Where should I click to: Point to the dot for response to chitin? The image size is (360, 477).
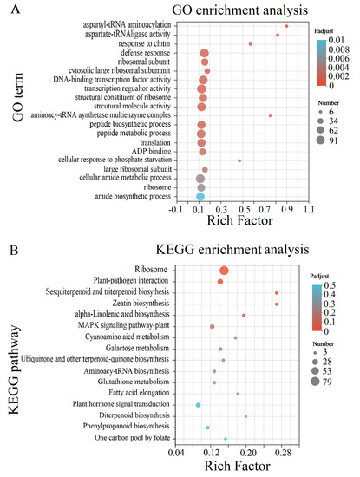[x=251, y=43]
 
